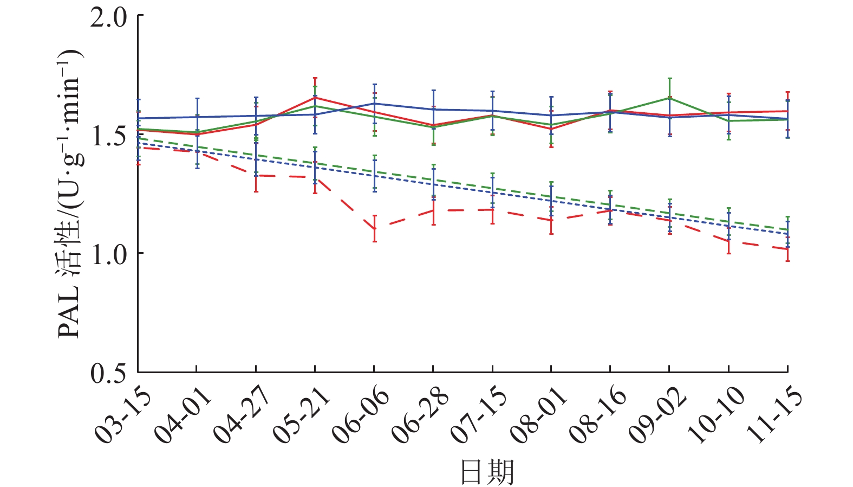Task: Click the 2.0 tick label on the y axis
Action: coord(108,17)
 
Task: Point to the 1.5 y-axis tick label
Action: coord(108,136)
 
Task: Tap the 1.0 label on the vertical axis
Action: coord(108,254)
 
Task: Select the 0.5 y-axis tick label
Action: coord(108,373)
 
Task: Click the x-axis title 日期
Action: coord(487,472)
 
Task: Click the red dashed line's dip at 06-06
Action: coord(374,228)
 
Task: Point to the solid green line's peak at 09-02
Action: coord(669,98)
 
